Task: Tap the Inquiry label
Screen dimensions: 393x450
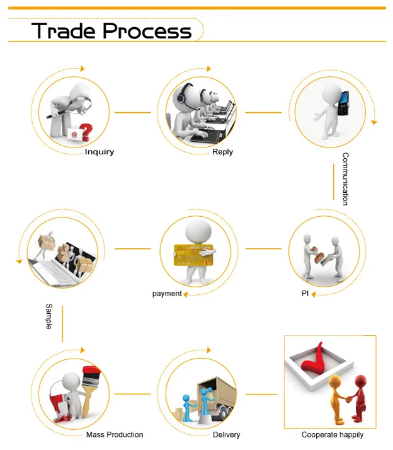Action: coord(100,152)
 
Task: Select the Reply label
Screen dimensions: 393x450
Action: coord(222,152)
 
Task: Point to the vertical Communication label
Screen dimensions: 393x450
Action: coord(345,178)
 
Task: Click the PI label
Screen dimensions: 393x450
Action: coord(305,294)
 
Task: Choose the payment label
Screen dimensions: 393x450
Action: coord(167,294)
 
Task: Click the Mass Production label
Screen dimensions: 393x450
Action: coord(115,435)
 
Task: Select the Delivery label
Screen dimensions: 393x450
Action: coord(227,435)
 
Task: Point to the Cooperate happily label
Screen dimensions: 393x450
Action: coord(333,435)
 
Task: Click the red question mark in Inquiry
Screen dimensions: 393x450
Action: coord(86,131)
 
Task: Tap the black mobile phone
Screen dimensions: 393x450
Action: coord(343,103)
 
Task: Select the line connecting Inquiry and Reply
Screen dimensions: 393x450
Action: coord(132,113)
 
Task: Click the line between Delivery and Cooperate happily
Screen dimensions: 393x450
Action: coord(261,395)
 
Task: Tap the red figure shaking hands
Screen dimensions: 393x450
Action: coord(360,397)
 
